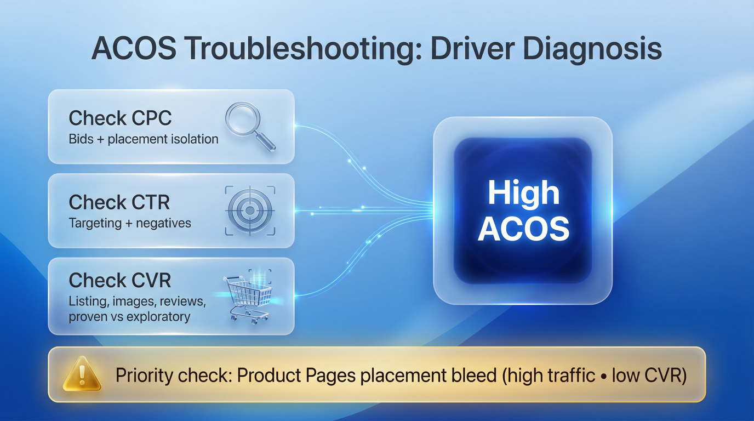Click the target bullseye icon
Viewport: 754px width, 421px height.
pos(250,210)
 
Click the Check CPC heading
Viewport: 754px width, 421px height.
pos(120,118)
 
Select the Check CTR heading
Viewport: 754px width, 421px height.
pos(119,203)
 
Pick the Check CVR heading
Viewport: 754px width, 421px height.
pos(120,280)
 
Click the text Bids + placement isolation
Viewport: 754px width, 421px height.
pos(144,139)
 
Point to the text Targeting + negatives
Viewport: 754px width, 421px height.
pos(130,223)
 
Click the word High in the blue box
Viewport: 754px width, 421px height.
pos(523,194)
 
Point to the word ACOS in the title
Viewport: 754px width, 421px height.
pos(134,49)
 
